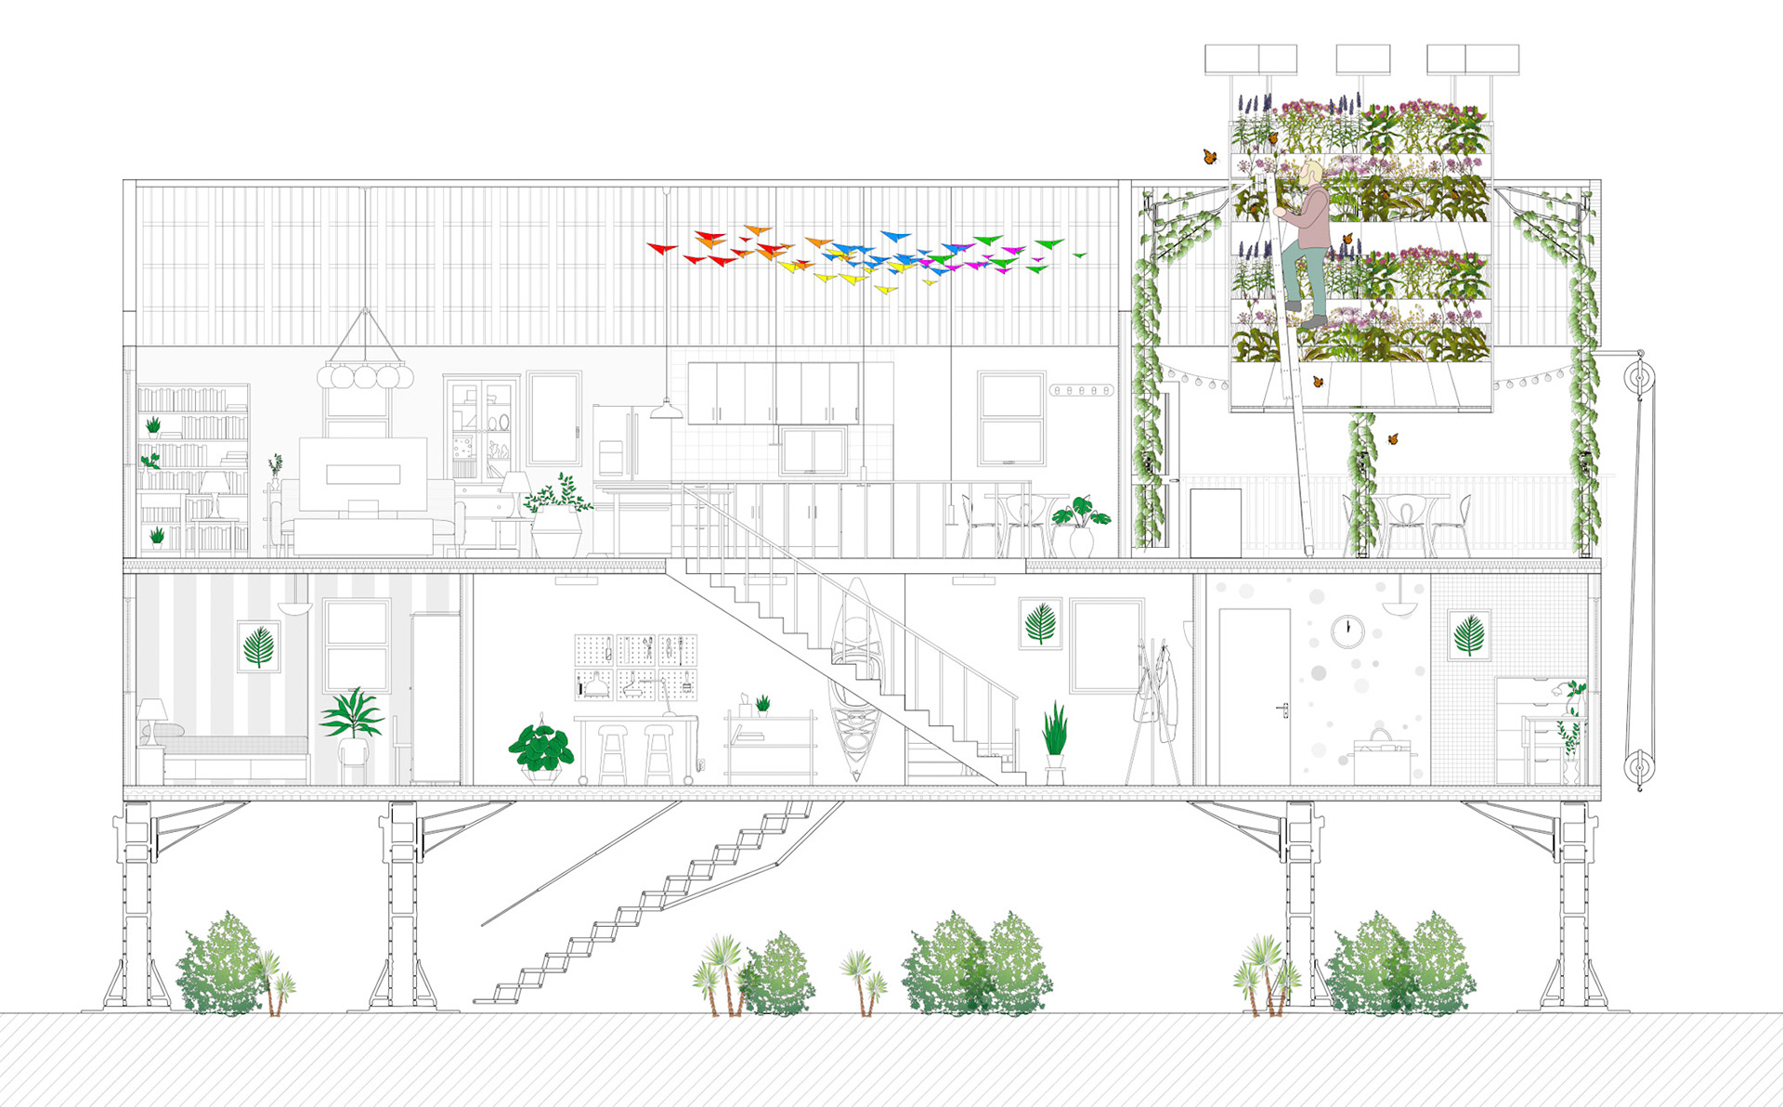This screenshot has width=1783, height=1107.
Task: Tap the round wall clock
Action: click(x=1347, y=632)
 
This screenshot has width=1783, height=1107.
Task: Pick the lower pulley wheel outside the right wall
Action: click(x=1639, y=767)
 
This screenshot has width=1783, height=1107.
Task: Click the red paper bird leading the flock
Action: click(x=661, y=248)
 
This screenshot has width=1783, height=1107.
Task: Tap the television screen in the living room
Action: click(x=363, y=473)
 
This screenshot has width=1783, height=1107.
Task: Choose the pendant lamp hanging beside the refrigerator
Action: click(x=666, y=410)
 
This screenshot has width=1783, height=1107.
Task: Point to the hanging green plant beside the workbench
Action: click(x=541, y=749)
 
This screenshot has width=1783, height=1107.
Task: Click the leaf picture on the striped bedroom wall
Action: click(x=258, y=646)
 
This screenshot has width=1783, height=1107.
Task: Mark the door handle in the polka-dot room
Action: click(x=1284, y=710)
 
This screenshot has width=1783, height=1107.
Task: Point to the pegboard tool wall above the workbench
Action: click(x=635, y=667)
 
